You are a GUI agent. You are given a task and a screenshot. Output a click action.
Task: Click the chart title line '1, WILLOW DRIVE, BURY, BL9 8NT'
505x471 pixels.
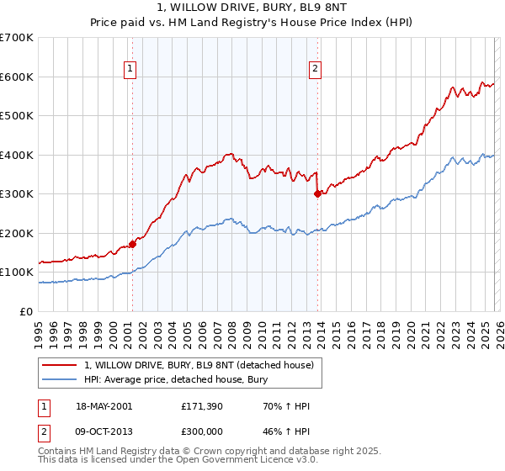252,8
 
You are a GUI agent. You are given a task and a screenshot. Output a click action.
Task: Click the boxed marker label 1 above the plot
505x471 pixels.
131,70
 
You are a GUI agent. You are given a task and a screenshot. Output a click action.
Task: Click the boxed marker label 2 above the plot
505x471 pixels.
315,70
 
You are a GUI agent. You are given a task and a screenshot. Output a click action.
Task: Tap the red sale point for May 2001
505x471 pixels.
132,244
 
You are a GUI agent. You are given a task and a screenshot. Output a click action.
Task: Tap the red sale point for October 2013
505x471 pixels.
317,193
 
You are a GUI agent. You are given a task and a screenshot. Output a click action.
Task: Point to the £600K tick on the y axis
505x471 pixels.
17,77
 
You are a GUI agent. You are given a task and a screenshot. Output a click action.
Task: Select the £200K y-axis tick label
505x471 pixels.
17,233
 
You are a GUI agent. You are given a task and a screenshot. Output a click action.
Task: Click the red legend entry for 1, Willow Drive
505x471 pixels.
199,365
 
